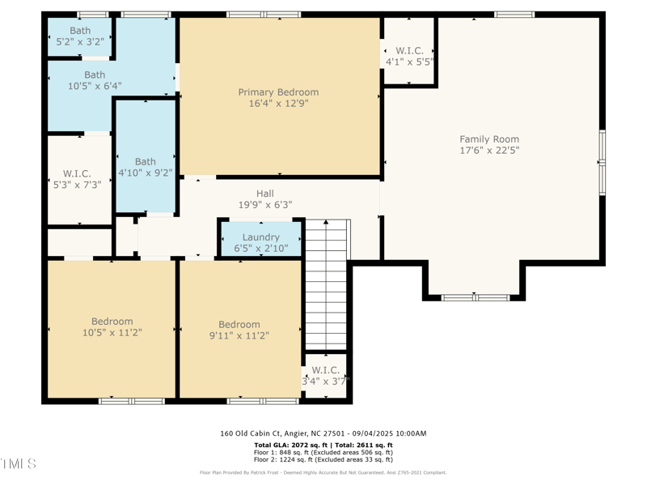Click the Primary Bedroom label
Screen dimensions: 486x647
coord(278,92)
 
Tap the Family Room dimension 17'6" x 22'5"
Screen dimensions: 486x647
coord(489,150)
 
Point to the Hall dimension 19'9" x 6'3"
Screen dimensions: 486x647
coord(264,205)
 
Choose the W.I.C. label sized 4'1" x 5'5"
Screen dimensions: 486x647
coord(410,50)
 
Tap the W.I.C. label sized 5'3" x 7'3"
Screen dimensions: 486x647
coord(77,173)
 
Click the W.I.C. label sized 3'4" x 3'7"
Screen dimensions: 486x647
coord(325,370)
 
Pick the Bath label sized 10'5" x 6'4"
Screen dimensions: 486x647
coord(95,75)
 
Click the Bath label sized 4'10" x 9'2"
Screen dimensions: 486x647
coord(146,162)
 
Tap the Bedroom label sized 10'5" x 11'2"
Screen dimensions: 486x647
coord(112,322)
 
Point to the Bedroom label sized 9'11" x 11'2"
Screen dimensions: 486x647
coord(239,325)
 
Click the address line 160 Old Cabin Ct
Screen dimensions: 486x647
coord(323,433)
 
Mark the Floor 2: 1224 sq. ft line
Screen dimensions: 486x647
coord(323,459)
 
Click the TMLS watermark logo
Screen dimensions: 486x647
coord(19,464)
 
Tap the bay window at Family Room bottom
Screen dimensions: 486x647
coord(475,297)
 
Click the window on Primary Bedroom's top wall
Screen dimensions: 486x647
coord(263,14)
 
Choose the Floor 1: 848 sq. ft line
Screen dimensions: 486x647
coord(323,452)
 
